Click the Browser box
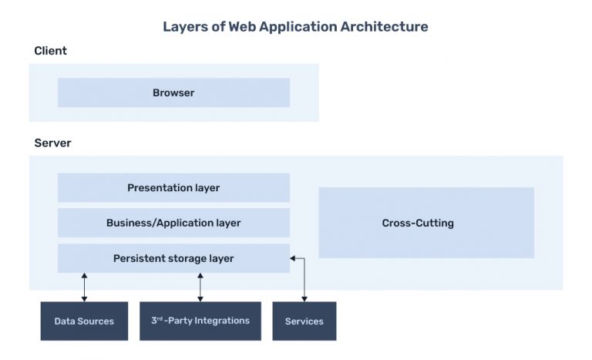pyautogui.click(x=173, y=93)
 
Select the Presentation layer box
pyautogui.click(x=173, y=187)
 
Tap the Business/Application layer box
pyautogui.click(x=173, y=223)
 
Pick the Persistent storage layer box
pyautogui.click(x=173, y=258)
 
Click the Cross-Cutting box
pyautogui.click(x=426, y=223)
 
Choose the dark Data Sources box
pyautogui.click(x=84, y=321)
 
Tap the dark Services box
pyautogui.click(x=304, y=321)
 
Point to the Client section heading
pyautogui.click(x=51, y=51)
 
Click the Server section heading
pyautogui.click(x=53, y=143)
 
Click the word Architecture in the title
pyautogui.click(x=385, y=27)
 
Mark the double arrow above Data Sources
pyautogui.click(x=84, y=287)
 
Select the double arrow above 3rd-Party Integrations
pyautogui.click(x=200, y=287)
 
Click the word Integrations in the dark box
pyautogui.click(x=224, y=321)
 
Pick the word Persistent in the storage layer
pyautogui.click(x=139, y=258)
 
